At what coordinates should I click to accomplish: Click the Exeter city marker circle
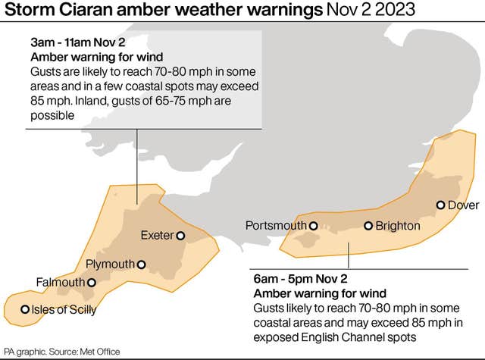180,236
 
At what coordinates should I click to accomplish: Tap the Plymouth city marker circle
141,265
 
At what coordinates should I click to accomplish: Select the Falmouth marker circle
92,283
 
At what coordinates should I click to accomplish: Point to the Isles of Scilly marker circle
25,308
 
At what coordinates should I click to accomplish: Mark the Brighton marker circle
368,225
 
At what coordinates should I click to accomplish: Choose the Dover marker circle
440,205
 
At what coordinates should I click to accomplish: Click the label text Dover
464,205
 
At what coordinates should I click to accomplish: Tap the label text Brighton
398,226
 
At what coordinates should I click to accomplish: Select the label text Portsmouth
276,226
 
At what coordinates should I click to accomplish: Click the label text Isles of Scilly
64,309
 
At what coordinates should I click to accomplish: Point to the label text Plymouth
110,265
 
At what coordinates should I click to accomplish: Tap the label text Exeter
157,236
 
